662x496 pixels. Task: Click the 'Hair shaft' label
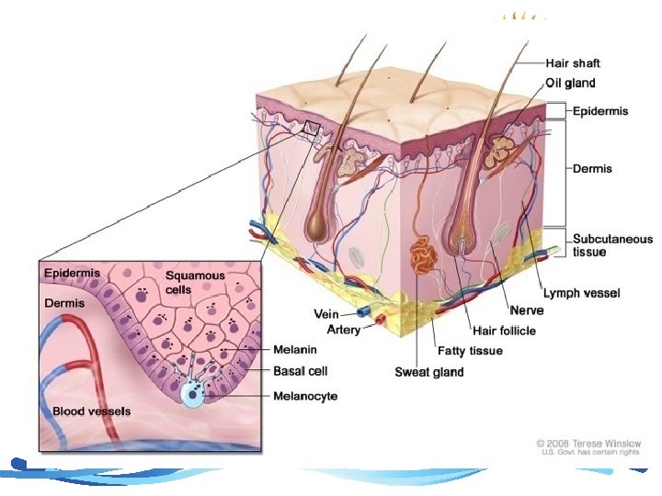tap(573, 63)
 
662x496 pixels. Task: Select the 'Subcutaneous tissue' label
tap(599, 244)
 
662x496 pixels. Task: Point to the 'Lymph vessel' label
tap(582, 293)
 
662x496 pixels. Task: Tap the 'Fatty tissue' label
tap(469, 351)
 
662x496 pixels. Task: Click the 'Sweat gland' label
tap(429, 371)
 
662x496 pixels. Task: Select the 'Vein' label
tap(327, 314)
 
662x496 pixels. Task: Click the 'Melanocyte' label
tap(306, 396)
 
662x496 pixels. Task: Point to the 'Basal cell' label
tap(301, 372)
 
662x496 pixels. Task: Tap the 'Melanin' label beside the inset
tap(296, 349)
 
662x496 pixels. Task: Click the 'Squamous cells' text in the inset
tap(195, 282)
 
